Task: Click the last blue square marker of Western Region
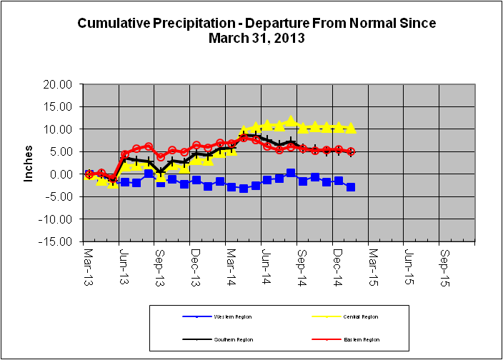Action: [x=351, y=187]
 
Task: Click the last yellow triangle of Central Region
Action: [x=351, y=128]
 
